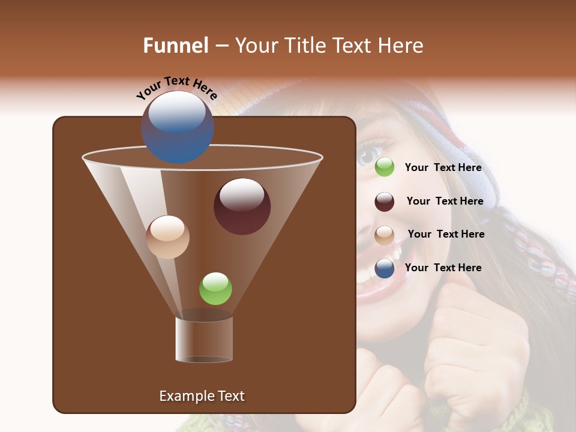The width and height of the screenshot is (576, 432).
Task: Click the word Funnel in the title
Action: pyautogui.click(x=175, y=46)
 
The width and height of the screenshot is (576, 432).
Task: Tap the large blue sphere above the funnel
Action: pyautogui.click(x=177, y=127)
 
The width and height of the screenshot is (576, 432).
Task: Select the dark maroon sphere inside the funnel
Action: pyautogui.click(x=242, y=206)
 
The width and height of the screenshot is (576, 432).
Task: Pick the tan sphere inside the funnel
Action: pyautogui.click(x=167, y=237)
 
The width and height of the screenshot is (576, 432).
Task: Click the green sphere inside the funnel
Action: pyautogui.click(x=215, y=289)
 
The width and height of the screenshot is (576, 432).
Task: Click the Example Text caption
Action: pyautogui.click(x=202, y=396)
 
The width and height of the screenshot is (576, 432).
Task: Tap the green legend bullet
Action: pyautogui.click(x=385, y=167)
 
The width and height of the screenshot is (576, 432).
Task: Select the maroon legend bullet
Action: pyautogui.click(x=385, y=202)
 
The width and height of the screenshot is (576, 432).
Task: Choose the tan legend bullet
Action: pyautogui.click(x=385, y=235)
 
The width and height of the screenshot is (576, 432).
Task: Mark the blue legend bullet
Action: pyautogui.click(x=385, y=268)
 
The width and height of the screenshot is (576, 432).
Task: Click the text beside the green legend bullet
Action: pyautogui.click(x=443, y=168)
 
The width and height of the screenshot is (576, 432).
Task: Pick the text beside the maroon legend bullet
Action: pyautogui.click(x=445, y=201)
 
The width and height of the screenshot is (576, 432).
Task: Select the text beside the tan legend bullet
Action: pyautogui.click(x=446, y=234)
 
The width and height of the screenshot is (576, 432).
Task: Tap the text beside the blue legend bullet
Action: pyautogui.click(x=443, y=268)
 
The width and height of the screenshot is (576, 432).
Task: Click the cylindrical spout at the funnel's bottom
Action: pyautogui.click(x=204, y=340)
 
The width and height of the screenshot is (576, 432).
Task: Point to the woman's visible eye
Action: pyautogui.click(x=368, y=155)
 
